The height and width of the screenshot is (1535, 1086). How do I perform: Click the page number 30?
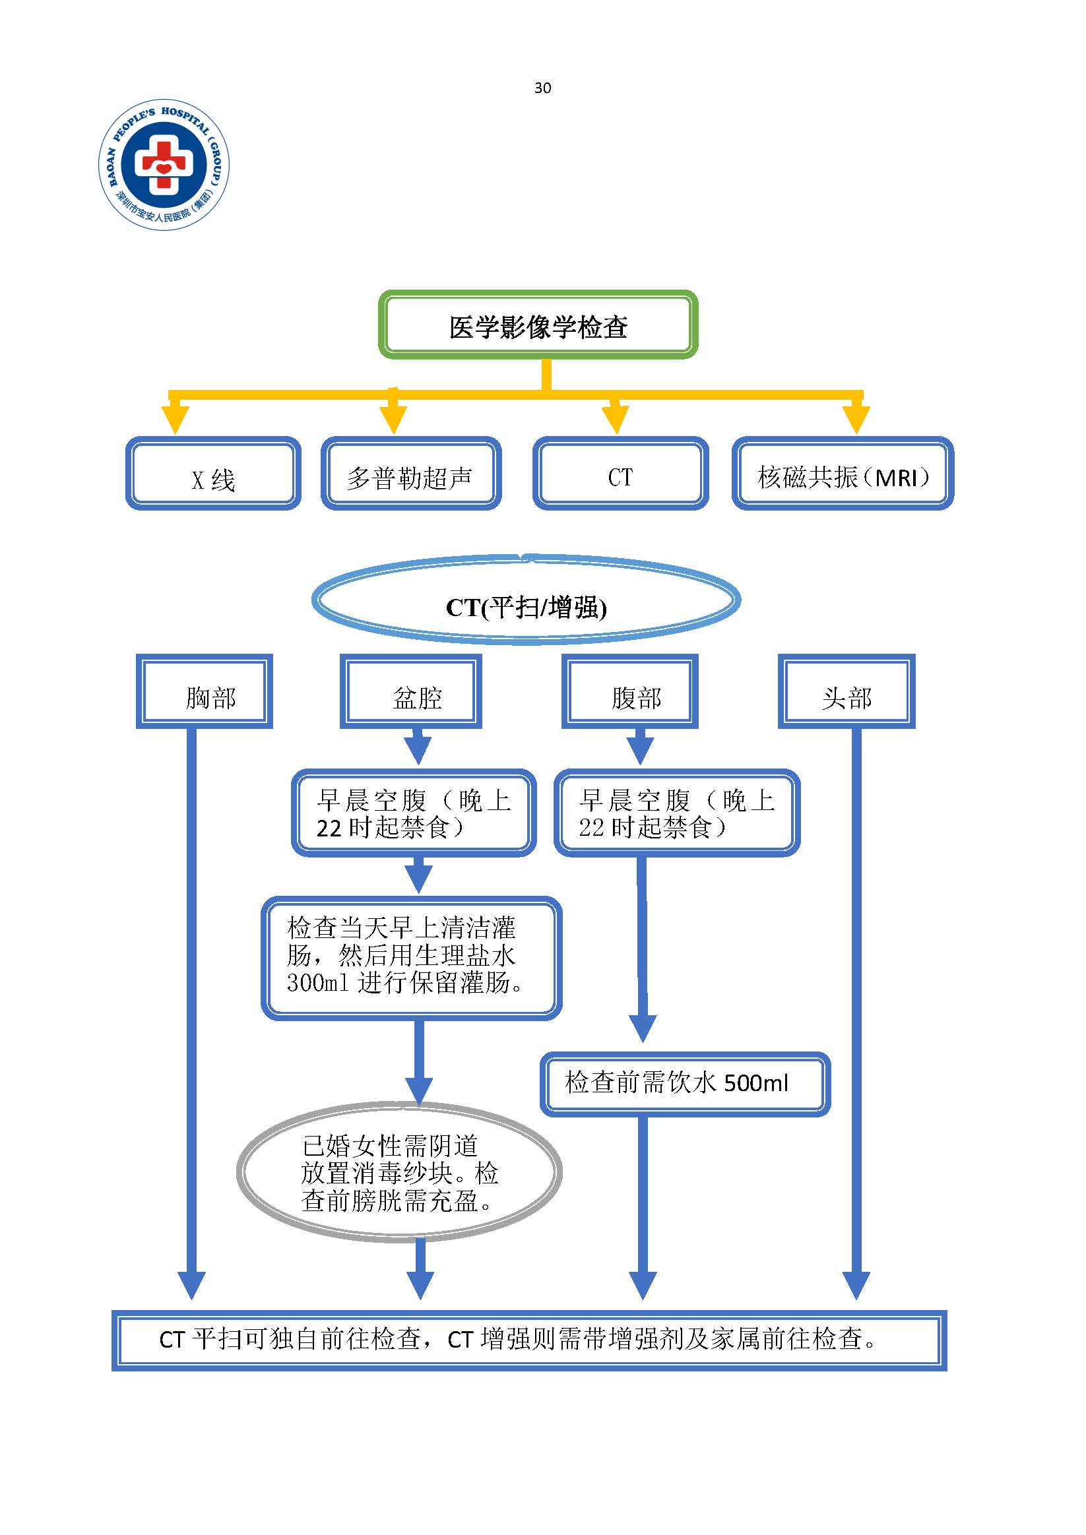click(542, 88)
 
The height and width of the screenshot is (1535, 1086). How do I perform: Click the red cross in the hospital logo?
click(164, 163)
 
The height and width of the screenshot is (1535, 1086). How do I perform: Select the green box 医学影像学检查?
click(538, 326)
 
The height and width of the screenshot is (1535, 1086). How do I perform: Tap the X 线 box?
click(213, 474)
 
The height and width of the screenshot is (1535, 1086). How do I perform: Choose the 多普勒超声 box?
click(410, 474)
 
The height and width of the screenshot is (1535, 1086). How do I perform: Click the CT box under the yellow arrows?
click(621, 474)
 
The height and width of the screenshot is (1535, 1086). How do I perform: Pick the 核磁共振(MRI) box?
click(843, 474)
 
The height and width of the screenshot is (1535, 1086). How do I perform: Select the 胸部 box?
click(205, 692)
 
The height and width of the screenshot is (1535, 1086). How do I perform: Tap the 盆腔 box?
click(411, 692)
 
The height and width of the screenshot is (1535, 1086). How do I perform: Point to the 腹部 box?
click(630, 692)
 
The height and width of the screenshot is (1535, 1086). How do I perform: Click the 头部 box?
click(846, 692)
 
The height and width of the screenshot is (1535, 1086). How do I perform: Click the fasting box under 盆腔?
click(414, 813)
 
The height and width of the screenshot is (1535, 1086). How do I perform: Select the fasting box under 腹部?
click(677, 813)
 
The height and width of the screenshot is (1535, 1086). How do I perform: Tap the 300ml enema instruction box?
click(410, 956)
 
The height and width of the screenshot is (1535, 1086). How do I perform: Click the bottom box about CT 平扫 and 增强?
click(529, 1340)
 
